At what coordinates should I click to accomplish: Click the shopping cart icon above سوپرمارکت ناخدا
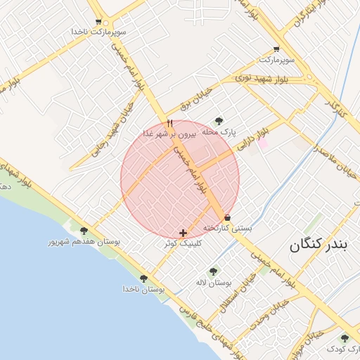pyautogui.click(x=98, y=22)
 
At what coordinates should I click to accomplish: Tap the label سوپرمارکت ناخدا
pyautogui.click(x=98, y=32)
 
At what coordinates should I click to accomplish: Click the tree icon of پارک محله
pyautogui.click(x=219, y=121)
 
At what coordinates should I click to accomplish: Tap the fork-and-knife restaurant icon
pyautogui.click(x=169, y=123)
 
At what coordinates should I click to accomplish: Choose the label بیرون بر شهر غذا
pyautogui.click(x=170, y=133)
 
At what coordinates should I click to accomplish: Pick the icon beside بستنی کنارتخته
pyautogui.click(x=226, y=218)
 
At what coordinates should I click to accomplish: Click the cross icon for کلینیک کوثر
pyautogui.click(x=183, y=233)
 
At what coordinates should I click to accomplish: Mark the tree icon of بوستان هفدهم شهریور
pyautogui.click(x=84, y=231)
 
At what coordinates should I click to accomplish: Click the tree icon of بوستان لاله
pyautogui.click(x=214, y=271)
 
